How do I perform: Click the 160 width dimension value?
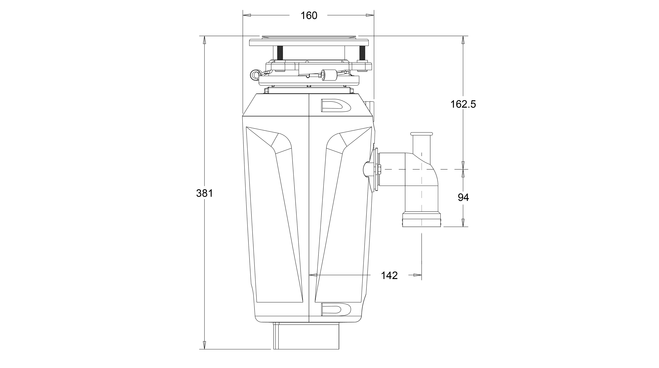(309, 16)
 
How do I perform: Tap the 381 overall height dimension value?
(204, 193)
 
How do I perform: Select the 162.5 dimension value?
(463, 104)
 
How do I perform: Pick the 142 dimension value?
(389, 275)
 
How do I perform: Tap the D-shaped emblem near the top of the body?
(336, 106)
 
